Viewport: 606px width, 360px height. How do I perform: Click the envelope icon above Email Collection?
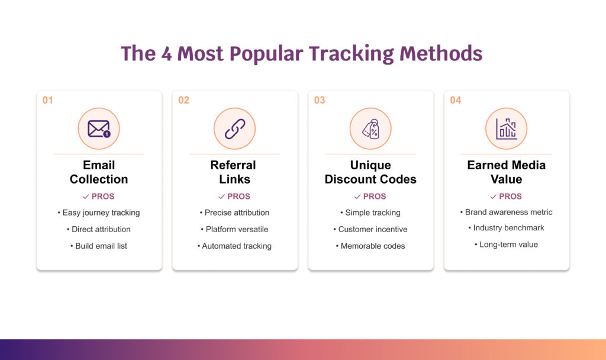[x=99, y=128]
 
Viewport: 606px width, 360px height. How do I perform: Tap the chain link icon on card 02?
[x=234, y=128]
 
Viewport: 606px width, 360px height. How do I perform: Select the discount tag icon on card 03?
[x=370, y=128]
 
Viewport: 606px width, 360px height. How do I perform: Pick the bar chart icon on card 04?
[x=506, y=128]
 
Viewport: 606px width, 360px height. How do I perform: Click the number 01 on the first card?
[x=48, y=100]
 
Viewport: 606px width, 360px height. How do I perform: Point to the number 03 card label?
[x=320, y=100]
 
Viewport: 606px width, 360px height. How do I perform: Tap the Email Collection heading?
[x=99, y=172]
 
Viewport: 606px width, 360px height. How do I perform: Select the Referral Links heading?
[x=234, y=172]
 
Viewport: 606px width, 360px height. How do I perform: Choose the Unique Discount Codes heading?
[x=370, y=172]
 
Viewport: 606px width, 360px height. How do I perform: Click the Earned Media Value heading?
[x=506, y=172]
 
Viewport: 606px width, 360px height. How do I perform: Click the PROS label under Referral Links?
[x=238, y=197]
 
